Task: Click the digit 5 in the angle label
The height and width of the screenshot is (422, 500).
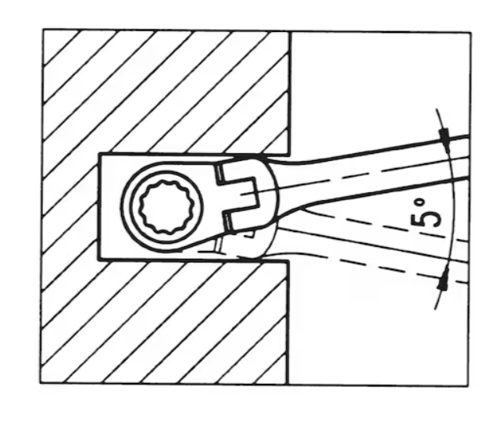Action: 427,220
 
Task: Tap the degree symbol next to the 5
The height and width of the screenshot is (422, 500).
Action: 421,202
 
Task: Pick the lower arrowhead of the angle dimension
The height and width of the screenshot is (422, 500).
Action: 444,278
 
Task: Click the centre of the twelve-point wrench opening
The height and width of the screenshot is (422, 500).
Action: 162,206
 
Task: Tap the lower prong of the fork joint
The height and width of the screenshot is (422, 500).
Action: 243,219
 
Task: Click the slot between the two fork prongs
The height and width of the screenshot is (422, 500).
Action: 243,195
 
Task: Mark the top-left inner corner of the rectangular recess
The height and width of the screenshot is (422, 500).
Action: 101,155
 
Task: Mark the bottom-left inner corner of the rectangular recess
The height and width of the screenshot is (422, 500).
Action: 99,259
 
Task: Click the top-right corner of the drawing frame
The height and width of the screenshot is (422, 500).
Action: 470,32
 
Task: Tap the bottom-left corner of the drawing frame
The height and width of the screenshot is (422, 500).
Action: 41,383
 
